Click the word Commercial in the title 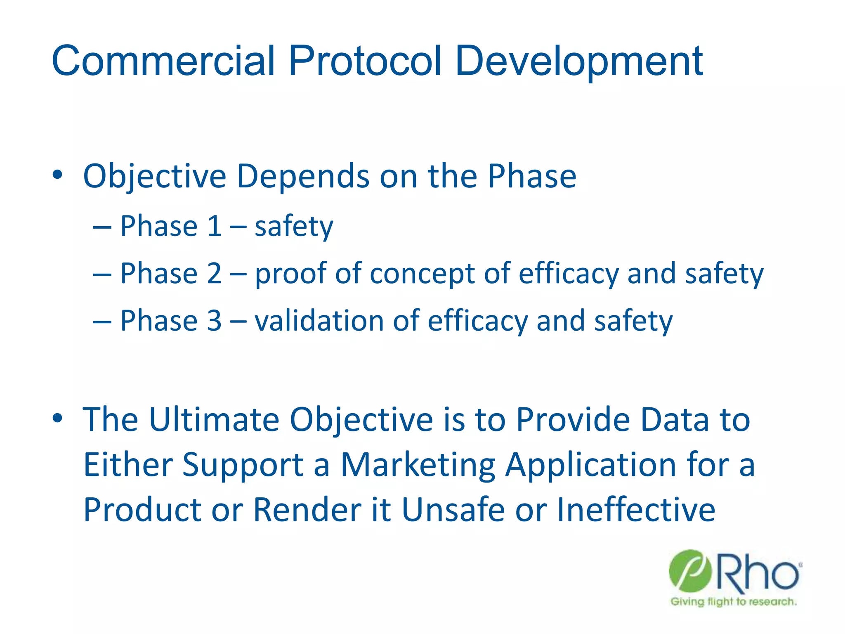pos(163,61)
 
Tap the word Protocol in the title pos(365,61)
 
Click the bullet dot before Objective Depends pos(57,175)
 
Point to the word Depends pos(303,176)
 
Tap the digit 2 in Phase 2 pos(214,273)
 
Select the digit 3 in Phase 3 pos(214,321)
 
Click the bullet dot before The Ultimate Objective pos(57,418)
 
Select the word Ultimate pos(214,420)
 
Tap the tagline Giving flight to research pos(733,602)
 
